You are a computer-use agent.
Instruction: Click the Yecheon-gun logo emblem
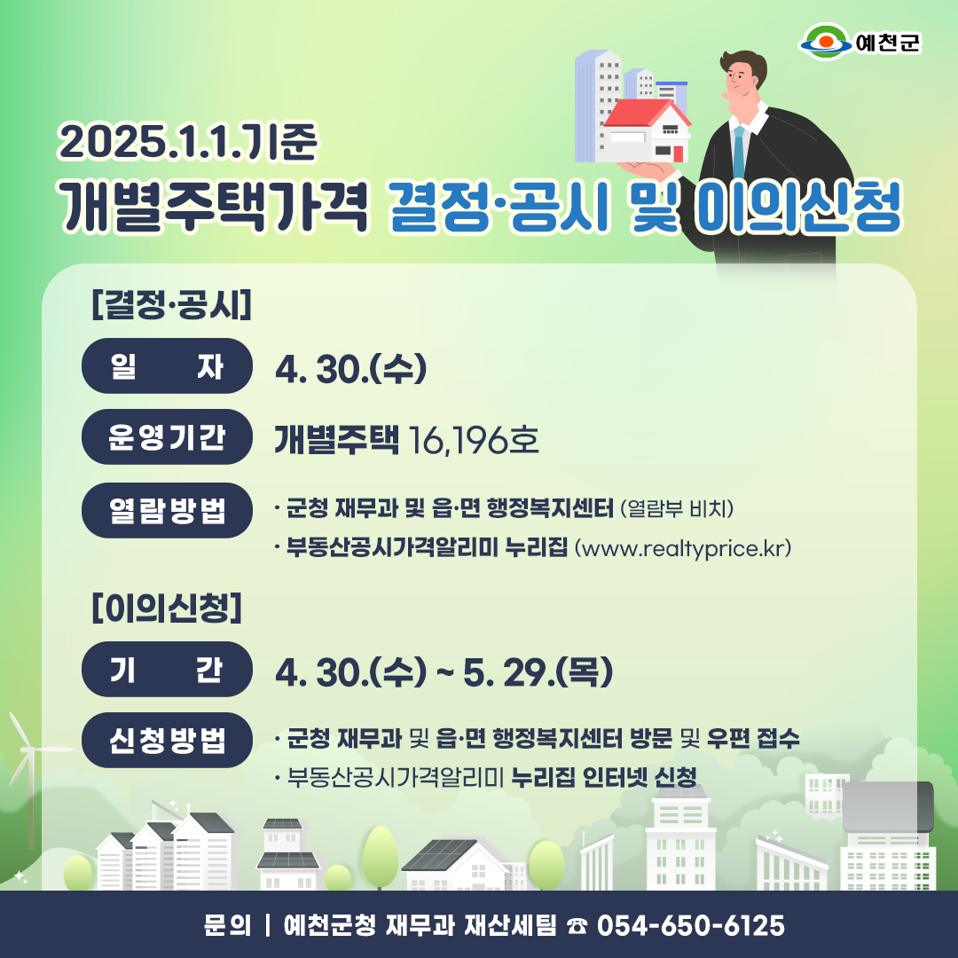[826, 42]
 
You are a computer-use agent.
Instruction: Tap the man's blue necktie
[739, 153]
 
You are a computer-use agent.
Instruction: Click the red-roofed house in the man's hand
[648, 130]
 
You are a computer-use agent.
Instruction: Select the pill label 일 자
[167, 366]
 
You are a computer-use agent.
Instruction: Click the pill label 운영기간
[167, 436]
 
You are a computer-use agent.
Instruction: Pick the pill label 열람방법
[167, 510]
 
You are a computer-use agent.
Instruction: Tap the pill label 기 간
[167, 669]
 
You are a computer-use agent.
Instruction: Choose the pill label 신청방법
[167, 740]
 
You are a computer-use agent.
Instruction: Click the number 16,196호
[474, 440]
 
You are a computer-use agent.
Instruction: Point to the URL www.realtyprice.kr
[682, 548]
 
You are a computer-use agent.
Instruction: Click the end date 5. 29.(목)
[538, 672]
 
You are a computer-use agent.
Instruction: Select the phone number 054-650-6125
[690, 925]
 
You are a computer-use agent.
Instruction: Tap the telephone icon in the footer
[577, 926]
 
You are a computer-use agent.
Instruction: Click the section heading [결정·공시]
[172, 304]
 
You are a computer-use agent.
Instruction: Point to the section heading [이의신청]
[167, 608]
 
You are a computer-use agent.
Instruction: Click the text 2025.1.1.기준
[187, 141]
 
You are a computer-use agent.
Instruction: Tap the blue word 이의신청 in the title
[799, 208]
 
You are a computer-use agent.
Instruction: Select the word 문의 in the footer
[227, 925]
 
